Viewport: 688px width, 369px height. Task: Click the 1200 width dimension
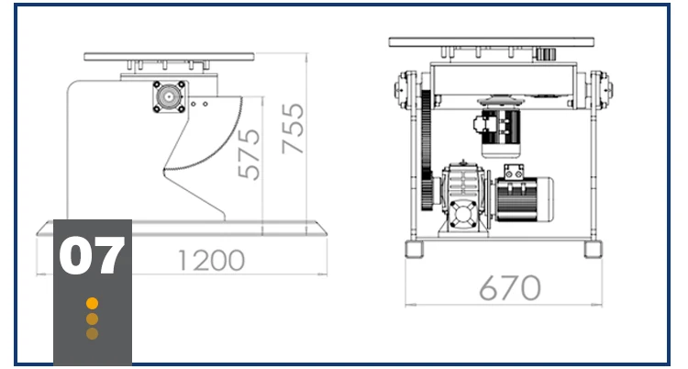coord(212,261)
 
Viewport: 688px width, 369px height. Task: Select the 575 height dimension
coord(248,153)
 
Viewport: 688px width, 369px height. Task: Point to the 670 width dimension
coord(509,288)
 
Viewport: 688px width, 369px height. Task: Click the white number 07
coord(92,257)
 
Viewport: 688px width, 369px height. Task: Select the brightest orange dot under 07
coord(92,303)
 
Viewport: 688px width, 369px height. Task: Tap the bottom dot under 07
coord(92,334)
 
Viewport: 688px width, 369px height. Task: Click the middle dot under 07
coord(92,319)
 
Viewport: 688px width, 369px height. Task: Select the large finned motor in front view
coord(527,197)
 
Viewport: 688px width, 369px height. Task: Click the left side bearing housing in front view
coord(405,90)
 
